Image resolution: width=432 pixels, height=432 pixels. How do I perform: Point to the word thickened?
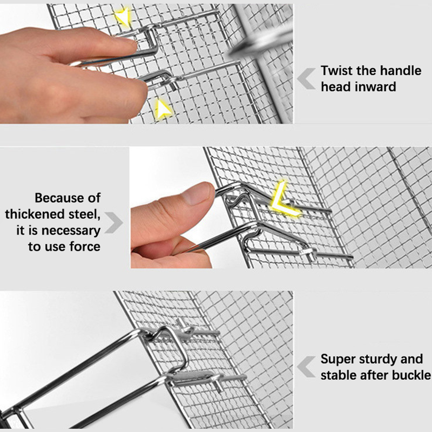[35, 214]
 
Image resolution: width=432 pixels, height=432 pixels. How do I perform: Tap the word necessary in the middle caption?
[71, 231]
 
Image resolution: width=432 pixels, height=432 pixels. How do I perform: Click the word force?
[85, 247]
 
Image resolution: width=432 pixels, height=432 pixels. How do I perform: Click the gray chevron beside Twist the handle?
[306, 79]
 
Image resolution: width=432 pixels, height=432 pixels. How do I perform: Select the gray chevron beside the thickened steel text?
[114, 223]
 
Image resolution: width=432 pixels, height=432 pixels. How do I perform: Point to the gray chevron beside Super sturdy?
[306, 367]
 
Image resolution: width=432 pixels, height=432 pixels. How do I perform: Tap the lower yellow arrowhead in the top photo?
[163, 109]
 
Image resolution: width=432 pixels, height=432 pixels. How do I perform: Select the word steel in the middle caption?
[85, 214]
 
